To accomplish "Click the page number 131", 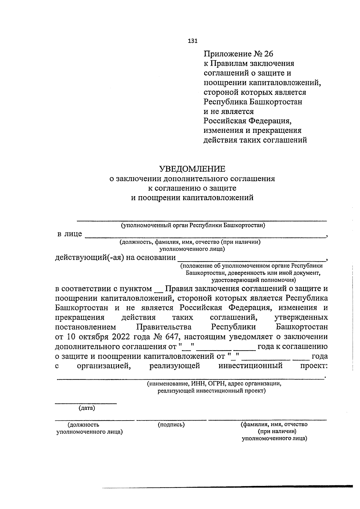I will (x=193, y=41).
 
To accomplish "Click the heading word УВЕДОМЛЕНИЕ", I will (x=192, y=169).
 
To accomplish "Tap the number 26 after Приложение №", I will (x=269, y=54).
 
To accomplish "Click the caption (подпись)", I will (x=171, y=424).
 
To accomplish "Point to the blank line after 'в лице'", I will (x=205, y=237).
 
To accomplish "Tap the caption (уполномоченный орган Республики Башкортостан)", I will (x=193, y=225).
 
